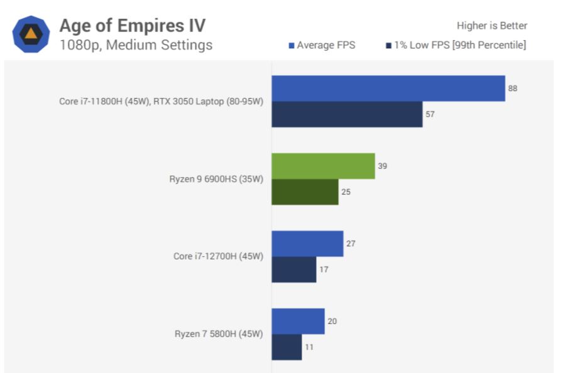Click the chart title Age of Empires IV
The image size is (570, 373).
pyautogui.click(x=132, y=26)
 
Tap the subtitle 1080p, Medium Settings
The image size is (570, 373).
pyautogui.click(x=136, y=45)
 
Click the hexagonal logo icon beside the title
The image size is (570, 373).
pyautogui.click(x=31, y=35)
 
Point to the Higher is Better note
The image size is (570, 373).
pyautogui.click(x=491, y=26)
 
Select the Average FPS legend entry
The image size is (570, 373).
pyautogui.click(x=322, y=45)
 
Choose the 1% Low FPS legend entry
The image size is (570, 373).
pyautogui.click(x=456, y=45)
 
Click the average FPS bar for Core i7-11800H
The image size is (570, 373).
pyautogui.click(x=388, y=89)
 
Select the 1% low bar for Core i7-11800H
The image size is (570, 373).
pyautogui.click(x=347, y=114)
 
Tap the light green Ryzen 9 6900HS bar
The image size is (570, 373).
pyautogui.click(x=323, y=166)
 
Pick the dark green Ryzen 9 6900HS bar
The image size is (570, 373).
pyautogui.click(x=305, y=192)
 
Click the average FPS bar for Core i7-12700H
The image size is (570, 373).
pyautogui.click(x=307, y=244)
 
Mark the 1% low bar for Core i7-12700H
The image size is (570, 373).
pyautogui.click(x=293, y=269)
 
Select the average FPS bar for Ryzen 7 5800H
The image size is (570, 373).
pyautogui.click(x=298, y=321)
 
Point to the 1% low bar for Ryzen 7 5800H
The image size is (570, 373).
pyautogui.click(x=287, y=347)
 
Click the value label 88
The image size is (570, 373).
pyautogui.click(x=513, y=89)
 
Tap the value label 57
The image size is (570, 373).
pyautogui.click(x=430, y=114)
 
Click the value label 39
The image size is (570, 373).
pyautogui.click(x=382, y=166)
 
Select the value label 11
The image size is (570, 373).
pyautogui.click(x=309, y=347)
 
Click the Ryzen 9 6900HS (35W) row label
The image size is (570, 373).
pyautogui.click(x=216, y=179)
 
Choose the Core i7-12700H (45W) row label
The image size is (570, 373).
pyautogui.click(x=218, y=256)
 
